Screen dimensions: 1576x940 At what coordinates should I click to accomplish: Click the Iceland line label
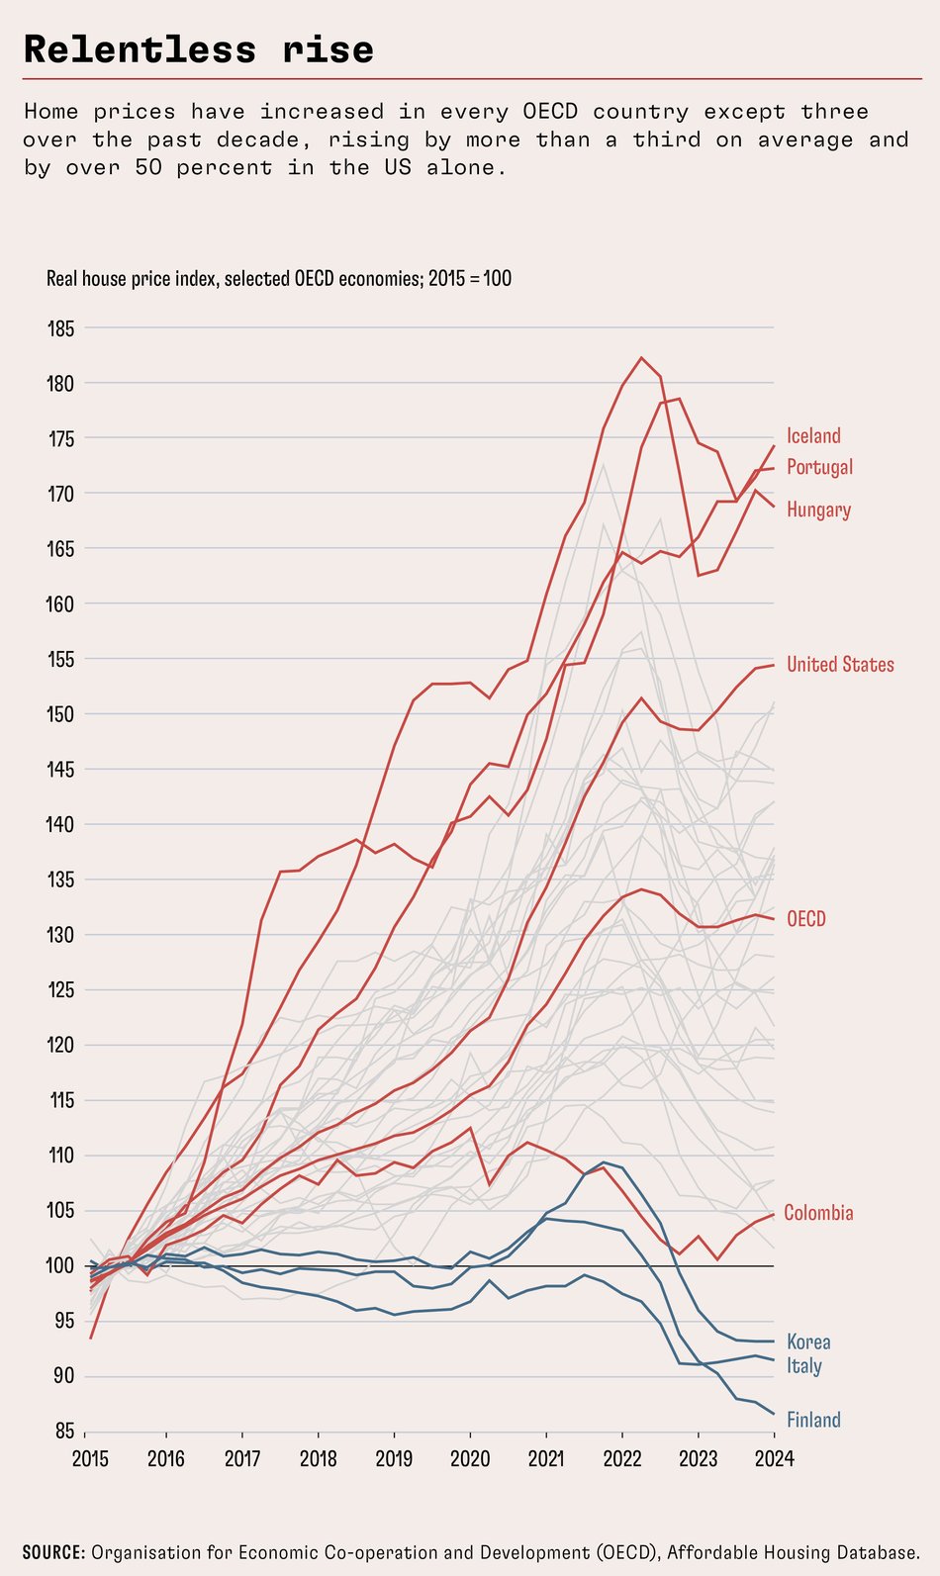click(x=813, y=436)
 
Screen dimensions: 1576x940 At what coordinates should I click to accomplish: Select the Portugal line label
click(x=819, y=467)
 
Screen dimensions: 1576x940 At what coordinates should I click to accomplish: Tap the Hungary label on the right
click(x=818, y=510)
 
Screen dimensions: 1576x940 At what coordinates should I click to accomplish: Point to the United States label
click(x=840, y=665)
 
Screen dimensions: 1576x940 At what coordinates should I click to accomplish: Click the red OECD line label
click(x=805, y=919)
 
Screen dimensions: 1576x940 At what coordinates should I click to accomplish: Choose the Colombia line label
click(x=818, y=1213)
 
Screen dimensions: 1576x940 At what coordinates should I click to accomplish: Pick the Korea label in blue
click(x=808, y=1343)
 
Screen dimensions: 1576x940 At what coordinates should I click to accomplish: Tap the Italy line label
click(x=803, y=1366)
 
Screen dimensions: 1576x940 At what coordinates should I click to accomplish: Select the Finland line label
click(x=813, y=1421)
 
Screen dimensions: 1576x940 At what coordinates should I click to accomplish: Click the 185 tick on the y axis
click(x=60, y=328)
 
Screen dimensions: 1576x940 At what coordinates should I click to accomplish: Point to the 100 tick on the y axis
click(x=60, y=1266)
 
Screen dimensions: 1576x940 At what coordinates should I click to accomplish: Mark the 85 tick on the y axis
click(x=62, y=1432)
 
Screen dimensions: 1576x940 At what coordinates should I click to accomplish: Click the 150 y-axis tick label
click(x=60, y=714)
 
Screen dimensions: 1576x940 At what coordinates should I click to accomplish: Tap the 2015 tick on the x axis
click(x=90, y=1459)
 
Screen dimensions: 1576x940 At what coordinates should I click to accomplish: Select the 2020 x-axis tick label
click(x=469, y=1459)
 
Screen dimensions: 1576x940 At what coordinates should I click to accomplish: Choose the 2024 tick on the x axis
click(x=774, y=1459)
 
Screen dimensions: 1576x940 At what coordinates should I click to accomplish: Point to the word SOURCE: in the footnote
click(x=53, y=1553)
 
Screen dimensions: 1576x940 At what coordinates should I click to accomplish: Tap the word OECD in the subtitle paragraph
click(x=550, y=112)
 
